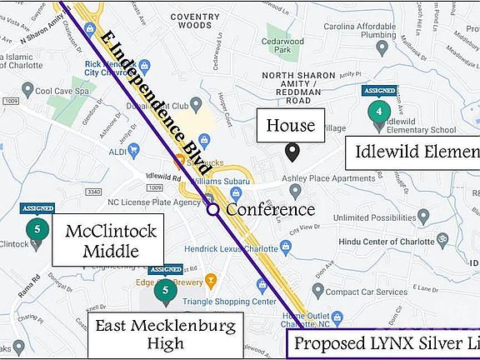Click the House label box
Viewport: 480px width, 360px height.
click(x=291, y=126)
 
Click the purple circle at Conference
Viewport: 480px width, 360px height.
click(x=213, y=210)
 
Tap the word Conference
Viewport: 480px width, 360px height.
click(x=270, y=210)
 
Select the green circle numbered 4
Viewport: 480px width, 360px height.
click(x=379, y=110)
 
